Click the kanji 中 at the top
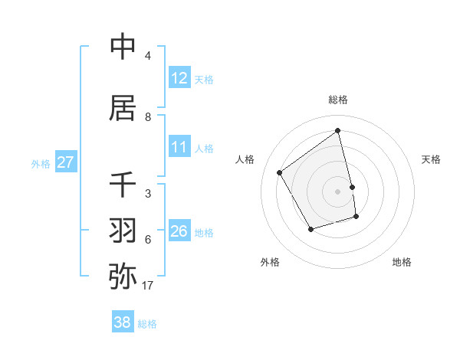coord(123,47)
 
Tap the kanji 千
coord(123,185)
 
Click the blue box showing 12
coord(179,78)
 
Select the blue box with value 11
coord(179,147)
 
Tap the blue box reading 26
coord(179,231)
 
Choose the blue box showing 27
coord(65,162)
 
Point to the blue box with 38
coord(123,323)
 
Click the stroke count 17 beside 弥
coord(148,286)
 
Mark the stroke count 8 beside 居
coord(148,117)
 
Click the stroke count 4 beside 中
coord(148,56)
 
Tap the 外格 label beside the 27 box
coord(41,163)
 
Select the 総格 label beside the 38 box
coord(148,324)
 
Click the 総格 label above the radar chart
coord(338,100)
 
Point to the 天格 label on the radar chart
coord(432,159)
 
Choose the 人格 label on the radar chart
coord(245,159)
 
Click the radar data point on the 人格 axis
coord(280,173)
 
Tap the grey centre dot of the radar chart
coord(338,191)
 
